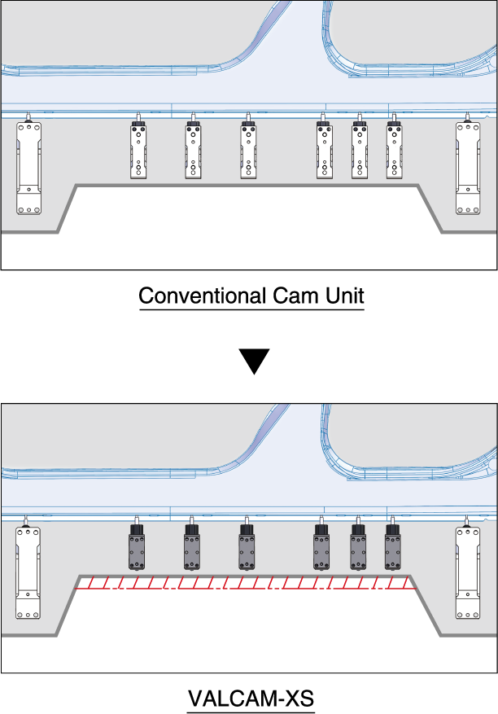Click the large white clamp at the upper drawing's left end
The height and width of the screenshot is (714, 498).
click(x=29, y=168)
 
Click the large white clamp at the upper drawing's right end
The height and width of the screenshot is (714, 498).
click(x=468, y=168)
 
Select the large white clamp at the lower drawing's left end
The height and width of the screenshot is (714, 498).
click(x=28, y=572)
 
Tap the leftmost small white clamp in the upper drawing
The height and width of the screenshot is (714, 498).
click(x=139, y=151)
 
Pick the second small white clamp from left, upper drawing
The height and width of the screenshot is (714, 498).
click(x=194, y=151)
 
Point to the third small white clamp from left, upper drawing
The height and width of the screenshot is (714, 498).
click(x=249, y=151)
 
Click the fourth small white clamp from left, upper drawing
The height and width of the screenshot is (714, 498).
click(x=325, y=151)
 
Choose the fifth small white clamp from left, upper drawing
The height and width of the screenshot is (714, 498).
click(x=360, y=151)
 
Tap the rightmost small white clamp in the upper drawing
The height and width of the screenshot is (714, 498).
click(x=395, y=151)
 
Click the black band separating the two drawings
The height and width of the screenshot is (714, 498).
click(x=249, y=335)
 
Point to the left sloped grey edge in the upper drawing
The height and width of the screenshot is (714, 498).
click(x=68, y=208)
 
